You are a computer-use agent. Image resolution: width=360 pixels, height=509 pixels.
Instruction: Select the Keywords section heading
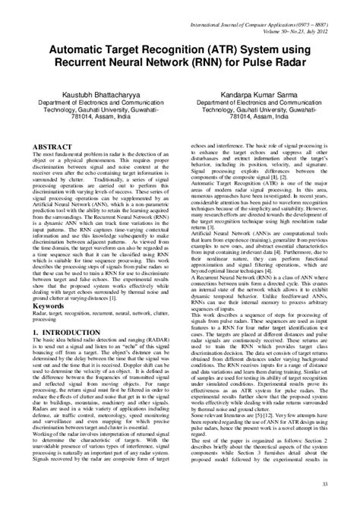click(x=52, y=306)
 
